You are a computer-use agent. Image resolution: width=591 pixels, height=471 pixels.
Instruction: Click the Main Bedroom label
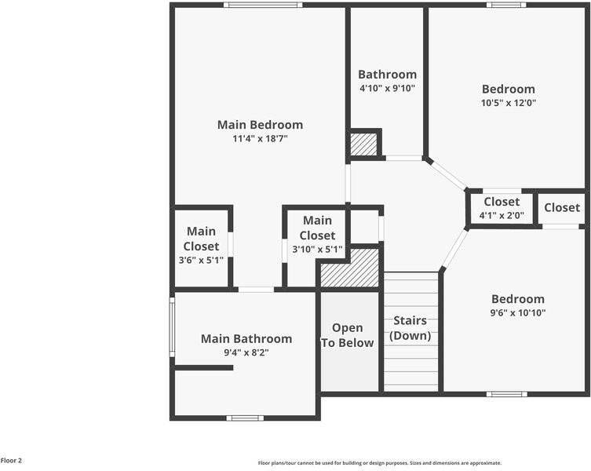click(260, 124)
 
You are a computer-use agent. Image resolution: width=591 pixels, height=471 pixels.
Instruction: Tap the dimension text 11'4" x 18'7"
click(260, 138)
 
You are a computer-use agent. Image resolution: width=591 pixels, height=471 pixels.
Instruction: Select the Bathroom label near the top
click(387, 75)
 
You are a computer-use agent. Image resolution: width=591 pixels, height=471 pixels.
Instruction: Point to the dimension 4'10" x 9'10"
click(387, 88)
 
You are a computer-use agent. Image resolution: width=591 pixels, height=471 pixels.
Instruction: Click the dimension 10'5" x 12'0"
click(508, 102)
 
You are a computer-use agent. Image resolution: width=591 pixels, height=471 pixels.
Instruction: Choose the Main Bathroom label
click(246, 339)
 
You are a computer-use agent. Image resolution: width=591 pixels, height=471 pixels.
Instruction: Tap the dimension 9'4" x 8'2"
click(246, 352)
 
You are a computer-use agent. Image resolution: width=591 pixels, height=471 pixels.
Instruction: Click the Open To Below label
click(347, 335)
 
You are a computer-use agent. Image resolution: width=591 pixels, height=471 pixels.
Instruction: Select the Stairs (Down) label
click(410, 328)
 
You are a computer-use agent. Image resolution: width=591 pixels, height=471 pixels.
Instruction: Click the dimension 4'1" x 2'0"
click(502, 215)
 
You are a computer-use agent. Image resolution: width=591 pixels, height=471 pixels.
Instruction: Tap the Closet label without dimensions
click(562, 207)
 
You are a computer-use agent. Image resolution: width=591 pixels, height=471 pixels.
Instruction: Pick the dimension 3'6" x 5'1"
click(201, 260)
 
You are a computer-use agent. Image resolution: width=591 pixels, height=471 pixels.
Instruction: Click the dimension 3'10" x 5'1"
click(317, 250)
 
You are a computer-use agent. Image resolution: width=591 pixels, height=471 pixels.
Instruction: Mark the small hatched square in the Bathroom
click(363, 144)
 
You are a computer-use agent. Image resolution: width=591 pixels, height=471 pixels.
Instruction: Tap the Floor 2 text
click(11, 461)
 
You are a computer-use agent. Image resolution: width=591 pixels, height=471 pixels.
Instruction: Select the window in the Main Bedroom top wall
click(262, 5)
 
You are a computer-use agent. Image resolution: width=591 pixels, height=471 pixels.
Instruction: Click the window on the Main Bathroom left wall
click(172, 326)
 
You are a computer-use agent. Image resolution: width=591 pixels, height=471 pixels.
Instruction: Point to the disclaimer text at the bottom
click(379, 463)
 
